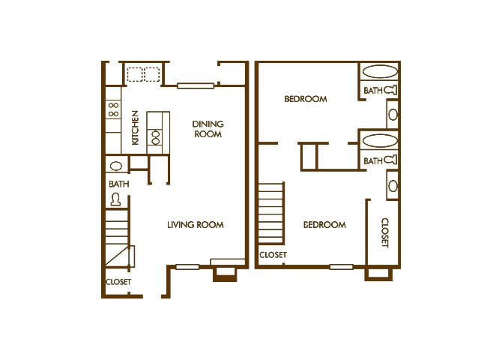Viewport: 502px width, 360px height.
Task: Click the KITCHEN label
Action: tap(136, 127)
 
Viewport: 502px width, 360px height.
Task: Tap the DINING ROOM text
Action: tap(208, 129)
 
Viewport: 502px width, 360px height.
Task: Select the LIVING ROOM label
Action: tap(195, 225)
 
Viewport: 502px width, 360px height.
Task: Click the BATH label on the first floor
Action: tap(118, 183)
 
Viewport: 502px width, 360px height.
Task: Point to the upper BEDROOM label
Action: tap(306, 99)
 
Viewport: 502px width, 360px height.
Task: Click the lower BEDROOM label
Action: tap(324, 225)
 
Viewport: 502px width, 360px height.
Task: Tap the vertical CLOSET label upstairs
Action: tap(384, 232)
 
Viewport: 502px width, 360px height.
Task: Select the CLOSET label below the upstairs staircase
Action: tap(273, 256)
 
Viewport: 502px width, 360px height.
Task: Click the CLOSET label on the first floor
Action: tap(118, 282)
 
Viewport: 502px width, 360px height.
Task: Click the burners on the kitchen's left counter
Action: tap(113, 111)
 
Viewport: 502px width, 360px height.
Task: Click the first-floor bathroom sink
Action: tap(116, 166)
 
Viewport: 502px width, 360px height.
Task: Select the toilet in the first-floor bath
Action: tap(116, 199)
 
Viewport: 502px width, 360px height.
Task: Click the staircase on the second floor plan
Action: tap(270, 214)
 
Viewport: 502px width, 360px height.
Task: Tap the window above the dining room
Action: tap(196, 85)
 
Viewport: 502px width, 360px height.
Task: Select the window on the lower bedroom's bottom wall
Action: tap(341, 266)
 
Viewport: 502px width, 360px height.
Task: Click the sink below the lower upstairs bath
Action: tap(393, 185)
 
